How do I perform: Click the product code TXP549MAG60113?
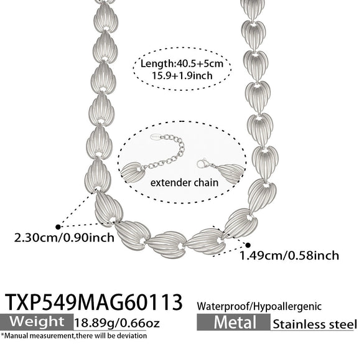93,302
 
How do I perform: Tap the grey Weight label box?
37,322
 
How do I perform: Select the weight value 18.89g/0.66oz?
117,323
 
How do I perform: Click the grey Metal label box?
233,322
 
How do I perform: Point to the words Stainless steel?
315,324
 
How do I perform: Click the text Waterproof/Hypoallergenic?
259,306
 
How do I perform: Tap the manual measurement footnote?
74,335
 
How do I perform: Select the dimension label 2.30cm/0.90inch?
64,238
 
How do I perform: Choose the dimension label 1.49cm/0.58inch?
289,256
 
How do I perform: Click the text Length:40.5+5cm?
182,63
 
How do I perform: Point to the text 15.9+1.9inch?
182,75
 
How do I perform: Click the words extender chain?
184,183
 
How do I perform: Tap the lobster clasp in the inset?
203,163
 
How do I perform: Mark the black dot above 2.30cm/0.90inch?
58,227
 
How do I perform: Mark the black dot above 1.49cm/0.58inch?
248,245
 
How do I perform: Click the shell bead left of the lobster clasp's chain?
131,172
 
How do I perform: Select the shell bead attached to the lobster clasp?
230,173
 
